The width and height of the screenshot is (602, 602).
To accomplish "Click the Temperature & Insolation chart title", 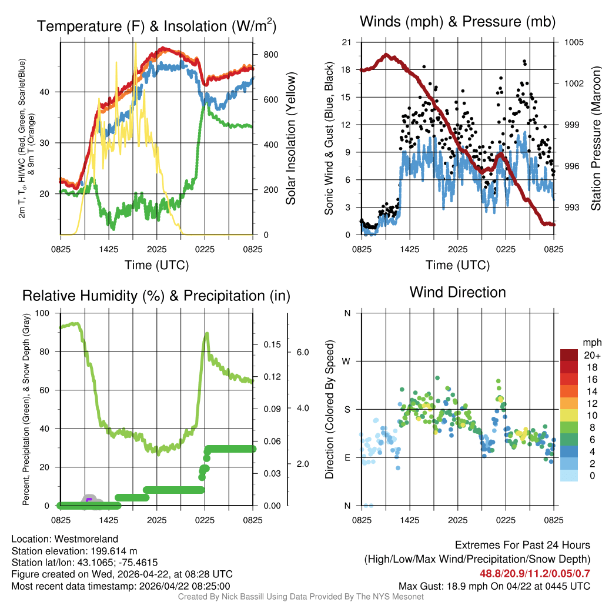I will pos(156,26).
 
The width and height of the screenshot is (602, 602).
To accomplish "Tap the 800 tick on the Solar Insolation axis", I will pos(270,55).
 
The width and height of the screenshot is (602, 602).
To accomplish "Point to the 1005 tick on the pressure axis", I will pos(573,42).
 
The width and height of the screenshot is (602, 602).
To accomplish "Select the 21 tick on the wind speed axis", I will pos(346,42).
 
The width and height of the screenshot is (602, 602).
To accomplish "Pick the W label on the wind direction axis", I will pos(347,361).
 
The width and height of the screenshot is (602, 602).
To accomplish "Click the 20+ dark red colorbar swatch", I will pos(569,356).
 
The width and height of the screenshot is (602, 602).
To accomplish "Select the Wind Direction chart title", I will pos(457,292).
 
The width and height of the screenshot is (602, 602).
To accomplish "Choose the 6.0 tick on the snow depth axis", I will pos(302,353).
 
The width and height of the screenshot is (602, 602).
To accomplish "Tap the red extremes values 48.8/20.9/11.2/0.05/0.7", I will pos(527,574).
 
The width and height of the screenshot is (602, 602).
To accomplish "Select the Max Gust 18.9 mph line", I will pos(494,586).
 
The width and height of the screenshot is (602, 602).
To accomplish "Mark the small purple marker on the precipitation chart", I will pos(89,500).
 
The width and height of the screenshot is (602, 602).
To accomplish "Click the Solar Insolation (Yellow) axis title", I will pos(290,139).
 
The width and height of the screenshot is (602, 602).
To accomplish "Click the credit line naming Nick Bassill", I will pos(300,597).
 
